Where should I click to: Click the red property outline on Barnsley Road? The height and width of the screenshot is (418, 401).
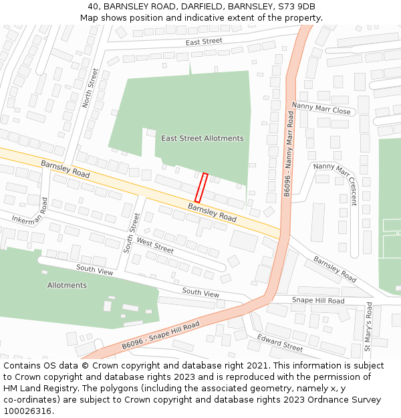tap(201, 188)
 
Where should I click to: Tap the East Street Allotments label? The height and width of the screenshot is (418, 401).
tap(203, 138)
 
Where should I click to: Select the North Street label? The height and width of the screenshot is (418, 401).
tap(90, 88)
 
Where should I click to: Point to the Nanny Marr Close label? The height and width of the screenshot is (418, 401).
tap(321, 108)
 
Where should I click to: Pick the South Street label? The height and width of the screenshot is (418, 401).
tap(132, 233)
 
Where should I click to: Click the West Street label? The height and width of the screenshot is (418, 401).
tap(155, 245)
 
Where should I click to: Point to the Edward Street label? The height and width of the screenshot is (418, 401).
tap(280, 342)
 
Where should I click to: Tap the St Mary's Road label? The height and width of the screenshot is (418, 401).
tap(368, 327)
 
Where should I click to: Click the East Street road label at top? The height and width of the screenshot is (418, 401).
tap(204, 41)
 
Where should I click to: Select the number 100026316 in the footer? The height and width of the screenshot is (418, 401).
tap(27, 411)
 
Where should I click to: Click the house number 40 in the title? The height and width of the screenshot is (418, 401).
tap(93, 7)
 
